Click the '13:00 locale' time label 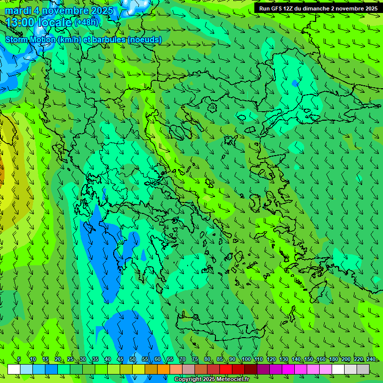pyautogui.click(x=38, y=22)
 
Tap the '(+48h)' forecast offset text pyautogui.click(x=87, y=22)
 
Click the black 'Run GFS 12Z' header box pyautogui.click(x=318, y=8)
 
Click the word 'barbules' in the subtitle pyautogui.click(x=108, y=39)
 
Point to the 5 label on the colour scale pyautogui.click(x=19, y=360)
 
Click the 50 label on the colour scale pyautogui.click(x=132, y=360)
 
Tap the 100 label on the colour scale pyautogui.click(x=246, y=360)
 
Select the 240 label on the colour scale pyautogui.click(x=371, y=360)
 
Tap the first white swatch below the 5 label pyautogui.click(x=14, y=369)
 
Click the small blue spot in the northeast pyautogui.click(x=295, y=82)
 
